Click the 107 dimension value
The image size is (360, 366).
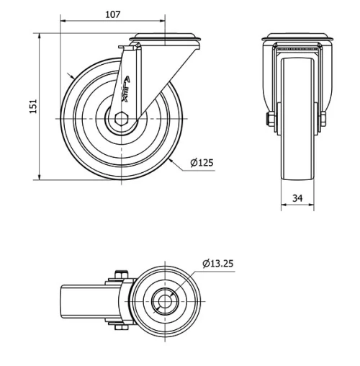point(112,14)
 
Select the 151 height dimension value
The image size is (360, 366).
point(32,106)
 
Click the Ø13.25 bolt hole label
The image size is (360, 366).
point(217,264)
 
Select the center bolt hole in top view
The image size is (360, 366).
point(165,300)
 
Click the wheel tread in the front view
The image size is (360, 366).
point(296,144)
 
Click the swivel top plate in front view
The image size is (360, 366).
point(296,37)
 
